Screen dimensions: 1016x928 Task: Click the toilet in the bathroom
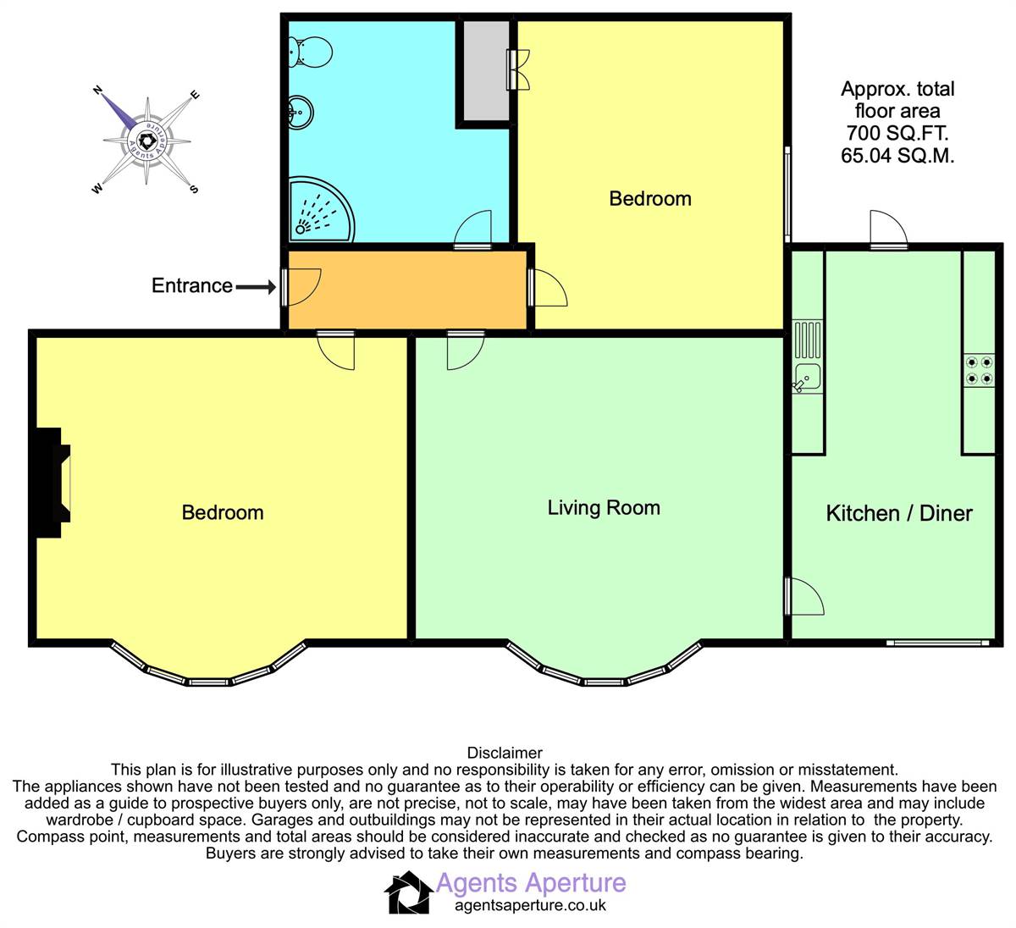tap(310, 52)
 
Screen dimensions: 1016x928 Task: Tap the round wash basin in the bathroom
tap(301, 113)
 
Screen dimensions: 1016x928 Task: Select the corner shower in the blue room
tap(321, 208)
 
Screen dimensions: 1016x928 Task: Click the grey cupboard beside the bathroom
tap(486, 70)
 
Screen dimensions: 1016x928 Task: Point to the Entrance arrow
tap(256, 287)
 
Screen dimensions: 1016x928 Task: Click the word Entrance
tap(192, 285)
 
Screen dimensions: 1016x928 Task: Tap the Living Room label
tap(604, 508)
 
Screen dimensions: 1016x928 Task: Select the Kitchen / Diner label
tap(899, 514)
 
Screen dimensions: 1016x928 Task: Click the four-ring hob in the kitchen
tap(979, 370)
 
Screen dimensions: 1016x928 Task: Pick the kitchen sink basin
tap(808, 378)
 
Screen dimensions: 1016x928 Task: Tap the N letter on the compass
tap(97, 90)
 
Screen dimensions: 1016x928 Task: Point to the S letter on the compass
tap(194, 190)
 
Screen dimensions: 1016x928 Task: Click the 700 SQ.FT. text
tap(897, 133)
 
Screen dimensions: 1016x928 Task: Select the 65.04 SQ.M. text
tap(897, 156)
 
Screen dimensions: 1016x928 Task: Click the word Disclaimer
tap(505, 753)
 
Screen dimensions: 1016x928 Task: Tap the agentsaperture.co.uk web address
tap(530, 905)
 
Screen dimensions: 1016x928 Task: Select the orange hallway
tap(407, 290)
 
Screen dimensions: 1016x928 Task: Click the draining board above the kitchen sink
tap(808, 340)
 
